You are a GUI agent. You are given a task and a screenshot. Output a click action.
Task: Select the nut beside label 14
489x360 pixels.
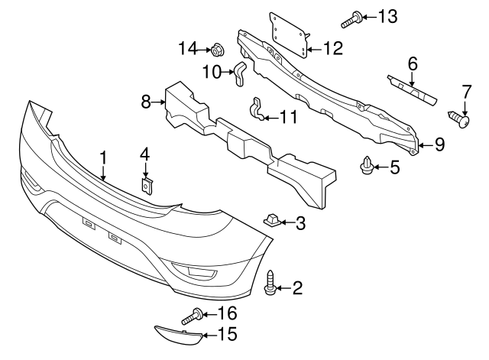coord(216,50)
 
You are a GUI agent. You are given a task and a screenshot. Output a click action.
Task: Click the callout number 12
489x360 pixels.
coord(333,49)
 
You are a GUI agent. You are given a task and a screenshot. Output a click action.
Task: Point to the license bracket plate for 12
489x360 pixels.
coord(290,34)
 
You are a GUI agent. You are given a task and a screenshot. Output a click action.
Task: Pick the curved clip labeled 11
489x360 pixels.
coord(259,112)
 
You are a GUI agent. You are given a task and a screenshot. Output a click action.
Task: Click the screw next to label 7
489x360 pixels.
coord(458,120)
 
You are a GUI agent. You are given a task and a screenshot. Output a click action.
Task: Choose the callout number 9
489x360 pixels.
coord(439,144)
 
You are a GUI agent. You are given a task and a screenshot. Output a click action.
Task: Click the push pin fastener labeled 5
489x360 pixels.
coord(368,164)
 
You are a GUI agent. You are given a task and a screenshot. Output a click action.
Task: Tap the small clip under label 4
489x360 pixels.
coord(146,185)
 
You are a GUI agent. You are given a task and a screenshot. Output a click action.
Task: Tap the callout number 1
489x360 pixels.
coord(103,158)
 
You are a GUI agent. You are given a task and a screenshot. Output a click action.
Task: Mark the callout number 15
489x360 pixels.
coord(228,334)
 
